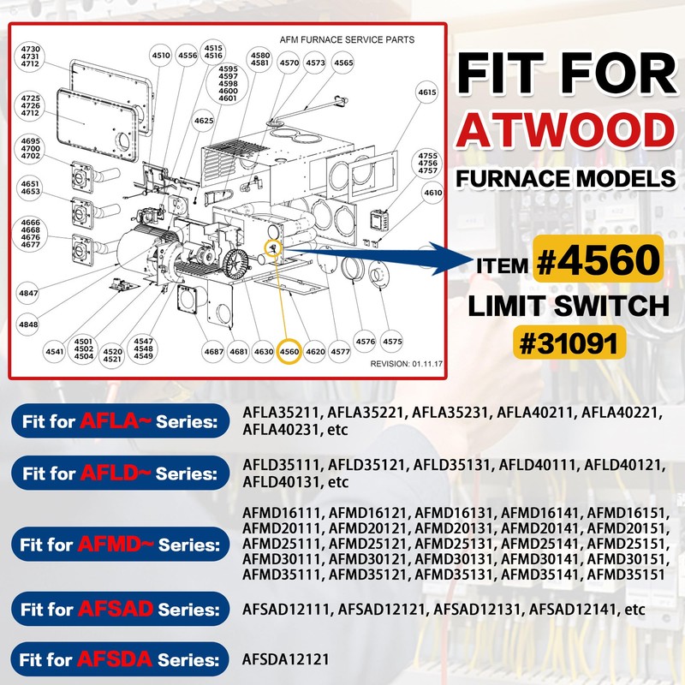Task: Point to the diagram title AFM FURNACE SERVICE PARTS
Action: click(x=347, y=39)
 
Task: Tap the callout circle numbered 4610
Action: click(x=432, y=194)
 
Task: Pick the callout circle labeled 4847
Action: click(x=29, y=294)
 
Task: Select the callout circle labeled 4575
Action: click(x=392, y=342)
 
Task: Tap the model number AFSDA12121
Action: click(x=282, y=659)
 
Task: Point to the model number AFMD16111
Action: click(x=282, y=512)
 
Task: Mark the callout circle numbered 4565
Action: click(x=343, y=63)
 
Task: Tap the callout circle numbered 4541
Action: click(x=55, y=351)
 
